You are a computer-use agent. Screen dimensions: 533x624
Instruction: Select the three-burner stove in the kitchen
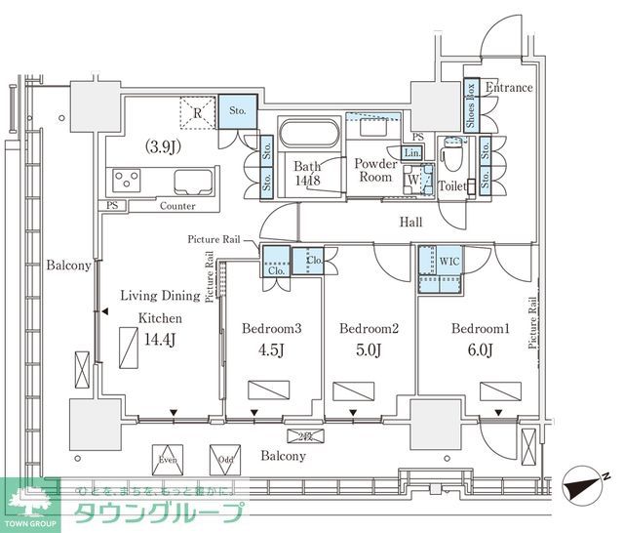[x=128, y=181]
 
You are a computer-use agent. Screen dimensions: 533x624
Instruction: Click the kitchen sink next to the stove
[x=189, y=182]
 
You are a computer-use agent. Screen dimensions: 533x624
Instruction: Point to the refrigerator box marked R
[x=197, y=113]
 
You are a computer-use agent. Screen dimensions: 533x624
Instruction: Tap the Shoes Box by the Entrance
[x=470, y=103]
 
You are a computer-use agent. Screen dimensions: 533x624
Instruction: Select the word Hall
[x=410, y=223]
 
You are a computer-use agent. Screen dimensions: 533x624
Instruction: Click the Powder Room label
[x=375, y=172]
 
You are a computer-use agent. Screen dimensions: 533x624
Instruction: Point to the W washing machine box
[x=413, y=180]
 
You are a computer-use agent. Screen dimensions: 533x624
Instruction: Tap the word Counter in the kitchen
[x=176, y=206]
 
